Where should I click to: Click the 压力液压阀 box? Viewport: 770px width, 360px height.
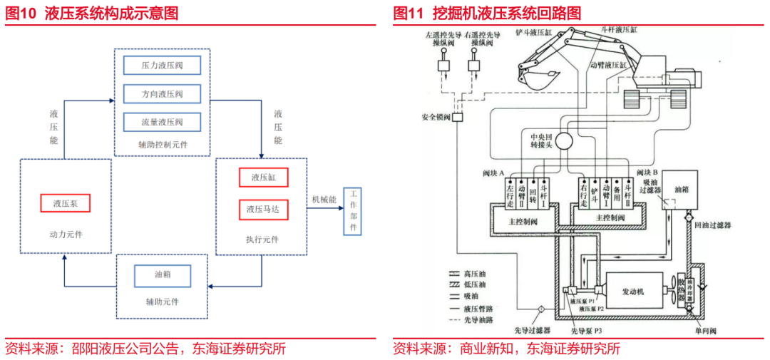(x=162, y=66)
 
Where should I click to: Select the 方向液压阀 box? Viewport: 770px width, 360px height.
(x=162, y=93)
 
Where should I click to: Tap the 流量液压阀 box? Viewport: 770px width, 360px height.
(x=162, y=122)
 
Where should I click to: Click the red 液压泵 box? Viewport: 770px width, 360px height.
(x=66, y=203)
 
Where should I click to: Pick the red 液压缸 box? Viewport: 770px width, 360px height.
(x=263, y=178)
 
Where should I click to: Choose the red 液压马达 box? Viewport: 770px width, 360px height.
(x=263, y=210)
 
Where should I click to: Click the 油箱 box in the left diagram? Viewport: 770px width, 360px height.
(x=163, y=274)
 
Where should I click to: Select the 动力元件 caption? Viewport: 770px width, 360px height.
(x=66, y=235)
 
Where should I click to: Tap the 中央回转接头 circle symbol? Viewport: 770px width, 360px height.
(x=568, y=140)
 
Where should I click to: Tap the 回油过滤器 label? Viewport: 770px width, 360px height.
(x=713, y=225)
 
